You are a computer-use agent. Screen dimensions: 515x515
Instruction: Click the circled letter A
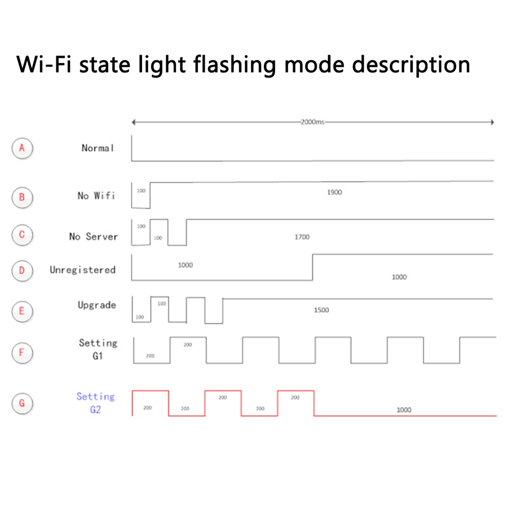click(x=22, y=148)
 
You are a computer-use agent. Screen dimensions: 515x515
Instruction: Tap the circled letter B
click(x=22, y=197)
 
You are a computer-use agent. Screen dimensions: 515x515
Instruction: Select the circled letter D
click(x=22, y=270)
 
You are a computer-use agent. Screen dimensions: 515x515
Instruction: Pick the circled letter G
click(x=22, y=403)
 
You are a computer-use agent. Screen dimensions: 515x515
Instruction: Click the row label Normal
click(x=97, y=148)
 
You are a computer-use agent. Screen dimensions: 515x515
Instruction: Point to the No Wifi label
click(x=96, y=196)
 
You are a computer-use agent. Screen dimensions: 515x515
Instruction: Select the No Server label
click(x=94, y=236)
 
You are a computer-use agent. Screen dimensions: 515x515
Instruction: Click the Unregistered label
click(x=82, y=270)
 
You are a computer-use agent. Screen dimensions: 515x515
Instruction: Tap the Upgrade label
click(x=97, y=305)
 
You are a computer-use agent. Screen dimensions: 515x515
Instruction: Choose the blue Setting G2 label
click(x=95, y=403)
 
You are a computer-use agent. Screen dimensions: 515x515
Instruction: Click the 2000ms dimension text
click(x=312, y=123)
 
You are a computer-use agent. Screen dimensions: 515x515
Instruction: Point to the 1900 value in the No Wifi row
click(x=334, y=192)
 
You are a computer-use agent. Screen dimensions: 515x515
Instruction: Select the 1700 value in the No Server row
click(x=302, y=237)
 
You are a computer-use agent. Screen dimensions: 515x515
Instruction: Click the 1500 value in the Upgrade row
click(x=321, y=310)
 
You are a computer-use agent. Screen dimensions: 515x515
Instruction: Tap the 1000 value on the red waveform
click(x=404, y=410)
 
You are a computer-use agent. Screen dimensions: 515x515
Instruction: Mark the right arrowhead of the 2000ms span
click(x=492, y=123)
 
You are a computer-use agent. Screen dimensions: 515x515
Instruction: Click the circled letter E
click(x=22, y=311)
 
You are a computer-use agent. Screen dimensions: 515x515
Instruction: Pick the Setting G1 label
click(x=98, y=349)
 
